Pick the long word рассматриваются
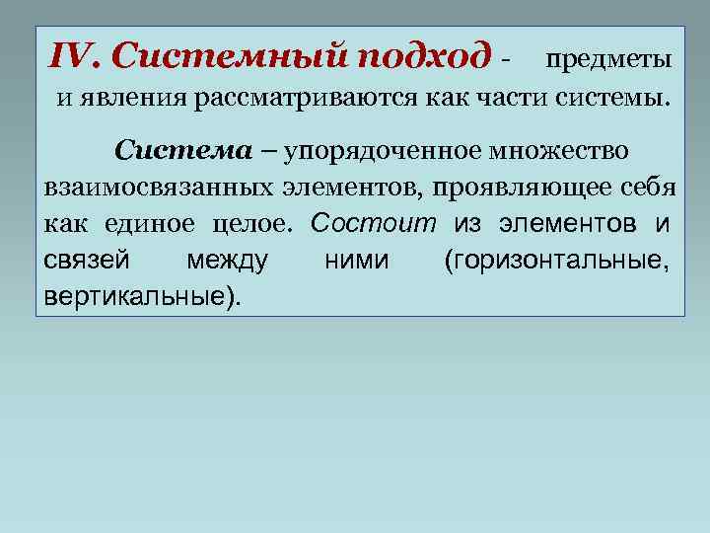click(x=301, y=99)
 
